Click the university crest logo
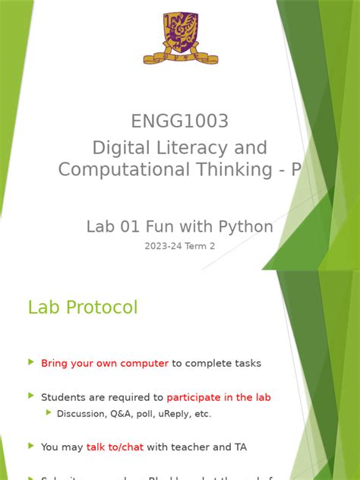(x=180, y=37)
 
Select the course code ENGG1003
(x=179, y=122)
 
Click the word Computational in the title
(x=123, y=169)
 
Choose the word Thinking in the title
(x=230, y=169)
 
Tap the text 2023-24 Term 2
(x=180, y=246)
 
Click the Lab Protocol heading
(x=83, y=308)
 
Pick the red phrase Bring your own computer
(x=105, y=363)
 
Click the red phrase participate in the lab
(x=219, y=396)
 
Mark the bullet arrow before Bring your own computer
(x=31, y=362)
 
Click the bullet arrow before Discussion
(x=49, y=413)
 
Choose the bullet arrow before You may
(x=31, y=446)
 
